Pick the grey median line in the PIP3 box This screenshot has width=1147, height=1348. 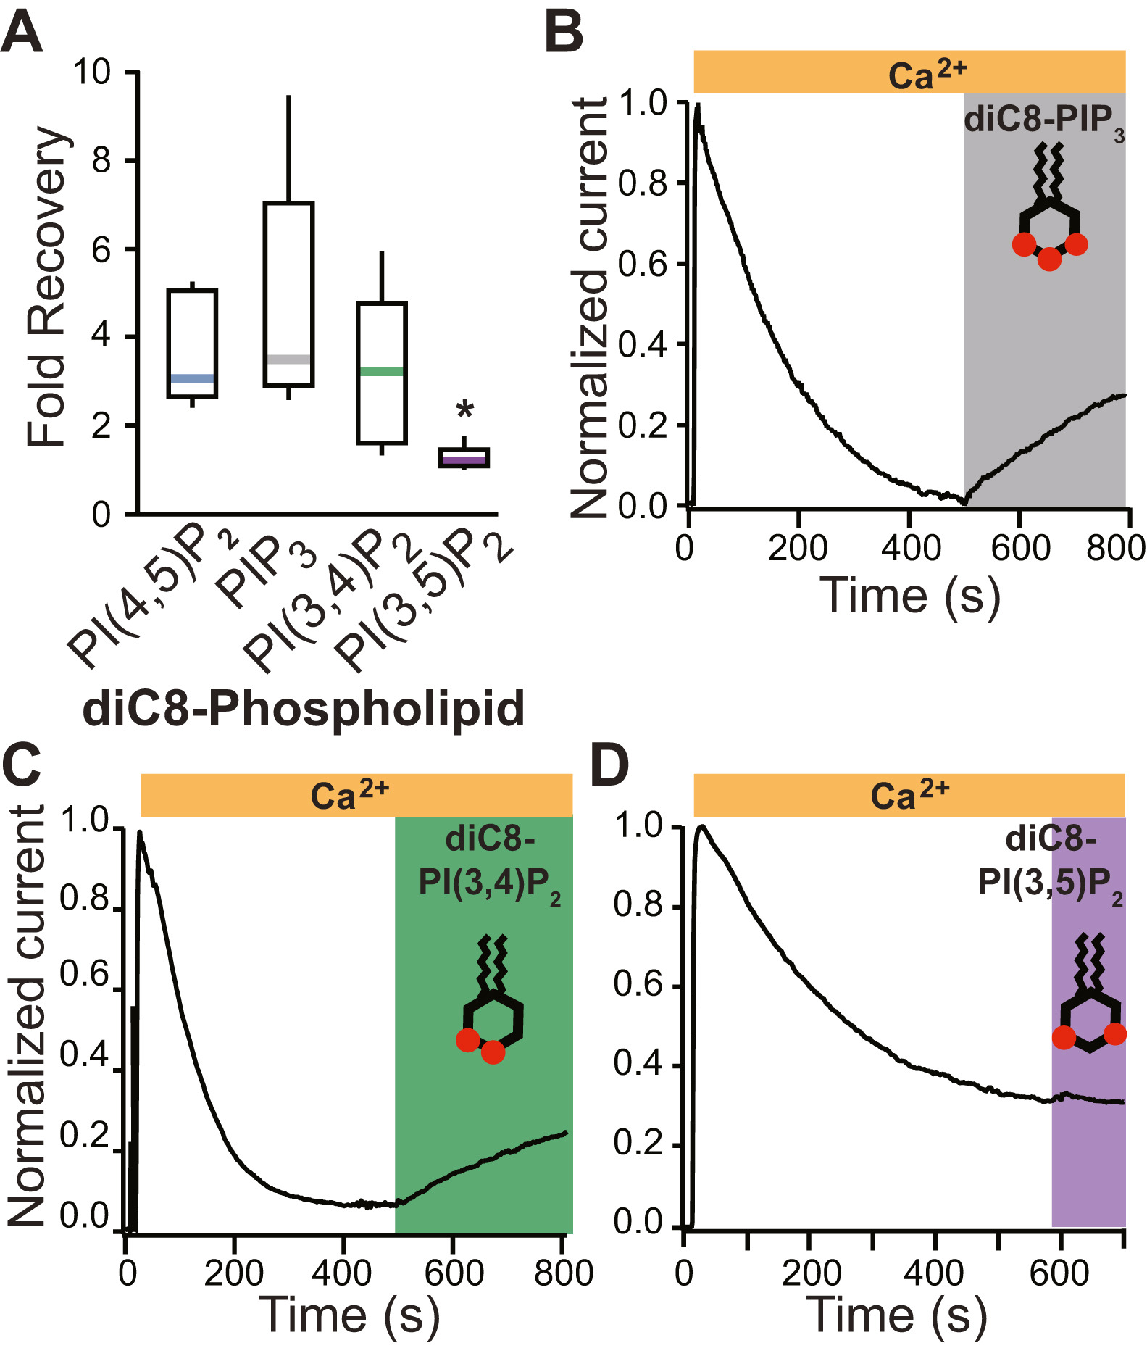tap(288, 359)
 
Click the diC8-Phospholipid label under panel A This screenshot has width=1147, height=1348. tap(304, 709)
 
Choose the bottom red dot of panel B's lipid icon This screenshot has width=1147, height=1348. tap(1049, 259)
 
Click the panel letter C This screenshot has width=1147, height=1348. tap(22, 765)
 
